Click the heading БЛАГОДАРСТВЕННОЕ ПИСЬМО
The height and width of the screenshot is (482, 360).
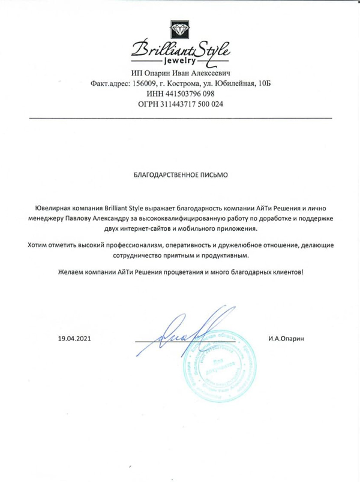(180, 176)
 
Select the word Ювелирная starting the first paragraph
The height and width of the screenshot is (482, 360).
(52, 207)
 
